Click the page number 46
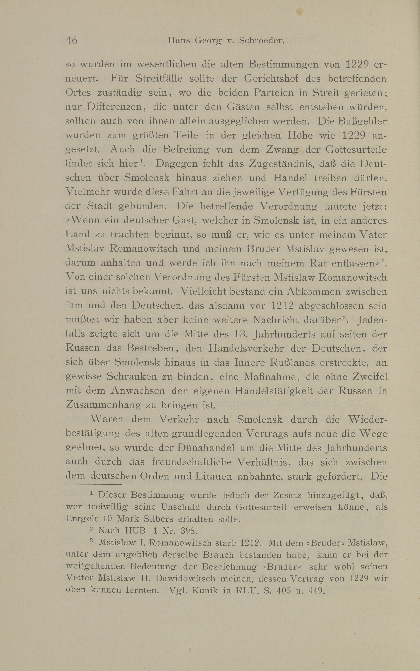(x=71, y=41)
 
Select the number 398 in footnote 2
(x=189, y=531)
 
